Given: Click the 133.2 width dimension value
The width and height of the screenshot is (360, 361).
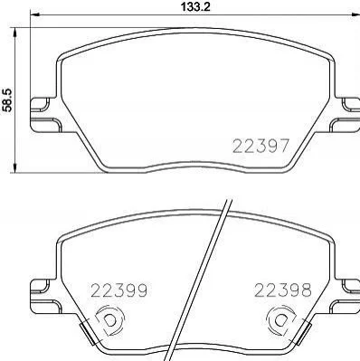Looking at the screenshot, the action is (195, 6).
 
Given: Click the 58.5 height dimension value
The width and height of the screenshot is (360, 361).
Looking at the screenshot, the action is (6, 100).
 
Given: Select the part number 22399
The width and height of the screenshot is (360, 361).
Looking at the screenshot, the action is (119, 290).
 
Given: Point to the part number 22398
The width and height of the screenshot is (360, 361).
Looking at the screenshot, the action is (282, 290).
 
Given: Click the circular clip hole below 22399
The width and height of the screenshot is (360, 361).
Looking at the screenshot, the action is (109, 320).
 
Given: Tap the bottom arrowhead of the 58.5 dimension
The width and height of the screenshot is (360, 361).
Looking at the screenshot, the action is (14, 167).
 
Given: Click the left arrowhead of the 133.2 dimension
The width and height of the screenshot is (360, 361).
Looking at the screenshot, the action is (35, 14).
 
